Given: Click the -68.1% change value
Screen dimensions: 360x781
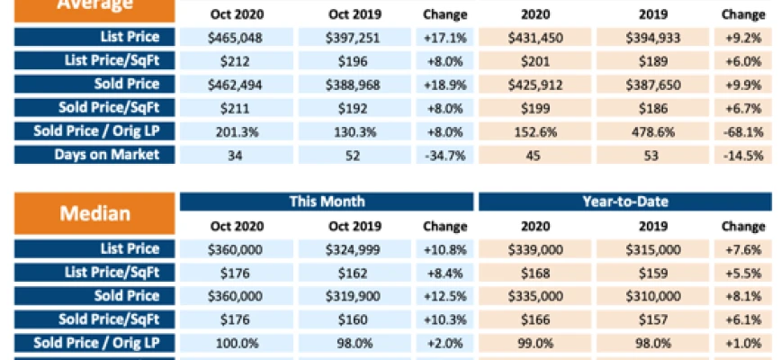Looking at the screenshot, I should point(742,130).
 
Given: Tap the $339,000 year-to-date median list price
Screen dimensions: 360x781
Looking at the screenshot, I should point(534,249).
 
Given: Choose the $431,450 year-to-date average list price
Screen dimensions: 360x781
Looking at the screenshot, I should point(534,37).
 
